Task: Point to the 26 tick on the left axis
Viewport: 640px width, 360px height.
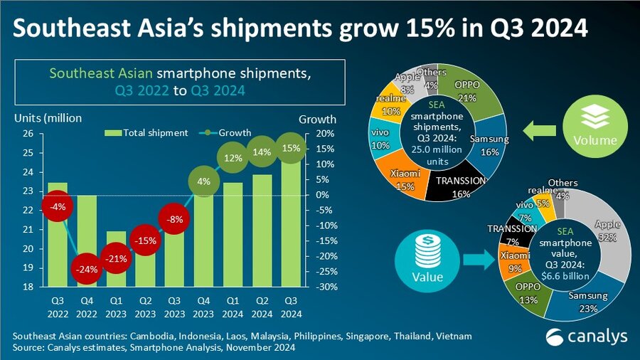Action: pyautogui.click(x=27, y=133)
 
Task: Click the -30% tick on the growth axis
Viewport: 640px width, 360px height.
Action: pyautogui.click(x=316, y=287)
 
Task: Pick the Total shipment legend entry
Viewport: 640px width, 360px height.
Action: pyautogui.click(x=146, y=132)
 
